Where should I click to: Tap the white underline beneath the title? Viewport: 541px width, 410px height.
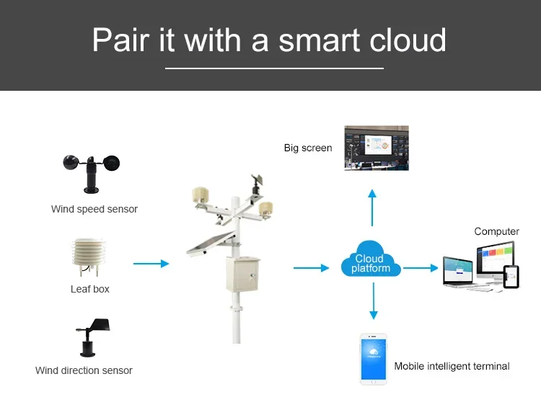(x=274, y=68)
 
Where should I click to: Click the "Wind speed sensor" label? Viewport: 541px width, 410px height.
(x=94, y=209)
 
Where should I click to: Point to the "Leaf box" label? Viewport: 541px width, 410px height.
(x=90, y=289)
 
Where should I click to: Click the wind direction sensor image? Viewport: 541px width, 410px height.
(x=92, y=337)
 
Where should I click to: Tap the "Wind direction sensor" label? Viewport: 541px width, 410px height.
(x=84, y=370)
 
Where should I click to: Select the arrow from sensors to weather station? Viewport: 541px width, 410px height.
(x=151, y=264)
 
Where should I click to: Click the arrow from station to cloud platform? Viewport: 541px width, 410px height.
(x=311, y=268)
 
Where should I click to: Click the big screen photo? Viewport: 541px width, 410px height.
(x=376, y=148)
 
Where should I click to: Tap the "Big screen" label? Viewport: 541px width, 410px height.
(x=308, y=148)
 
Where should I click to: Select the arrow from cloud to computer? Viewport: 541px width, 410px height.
(x=421, y=268)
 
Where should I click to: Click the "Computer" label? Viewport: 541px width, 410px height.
(x=496, y=231)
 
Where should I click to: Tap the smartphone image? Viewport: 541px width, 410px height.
(x=374, y=359)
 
